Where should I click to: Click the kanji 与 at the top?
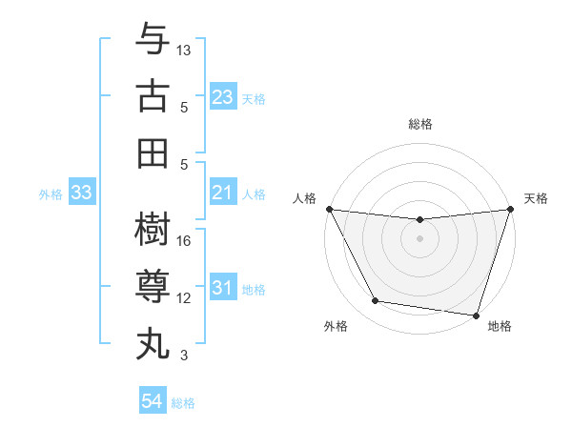tap(153, 40)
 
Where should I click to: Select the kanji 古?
tap(153, 96)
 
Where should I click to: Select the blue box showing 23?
tap(222, 96)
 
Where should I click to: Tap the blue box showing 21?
tap(222, 193)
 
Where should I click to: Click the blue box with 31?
tap(222, 288)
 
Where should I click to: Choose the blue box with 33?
tap(81, 193)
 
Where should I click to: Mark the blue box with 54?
tap(152, 401)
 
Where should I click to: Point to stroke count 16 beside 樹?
tap(184, 241)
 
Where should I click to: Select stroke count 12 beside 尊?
tap(184, 298)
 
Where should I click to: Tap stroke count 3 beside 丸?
tap(184, 356)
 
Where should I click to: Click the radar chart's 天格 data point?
tap(510, 210)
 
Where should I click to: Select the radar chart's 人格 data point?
tap(329, 209)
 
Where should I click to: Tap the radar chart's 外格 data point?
tap(376, 301)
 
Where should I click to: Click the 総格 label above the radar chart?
tap(419, 124)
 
